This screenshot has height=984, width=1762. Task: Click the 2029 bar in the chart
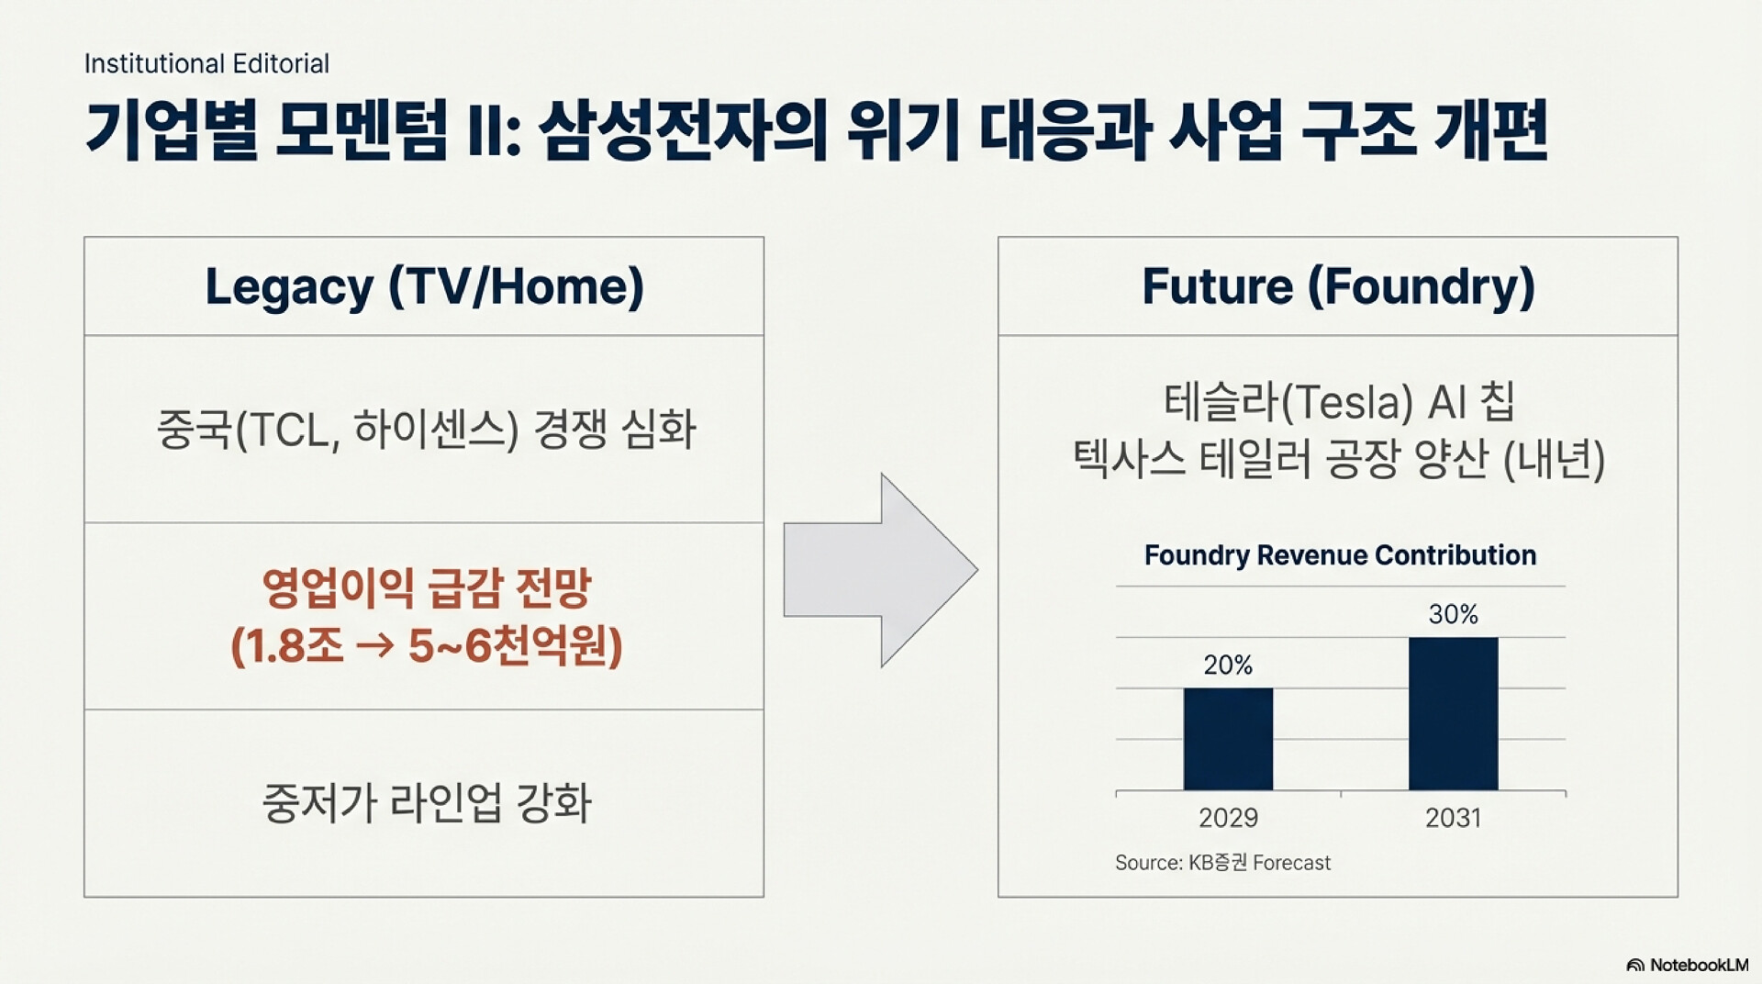tap(1228, 739)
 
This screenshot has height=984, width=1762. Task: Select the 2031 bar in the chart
tap(1454, 713)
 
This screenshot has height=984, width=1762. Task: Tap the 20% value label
tap(1228, 665)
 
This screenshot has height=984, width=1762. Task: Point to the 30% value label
tap(1454, 614)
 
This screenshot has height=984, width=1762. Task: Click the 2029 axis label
tap(1228, 818)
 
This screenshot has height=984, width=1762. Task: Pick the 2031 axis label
tap(1454, 818)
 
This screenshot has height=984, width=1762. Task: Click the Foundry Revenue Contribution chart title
tap(1340, 555)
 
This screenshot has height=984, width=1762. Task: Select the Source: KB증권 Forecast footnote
tap(1222, 863)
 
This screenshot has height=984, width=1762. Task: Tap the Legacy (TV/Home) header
tap(424, 286)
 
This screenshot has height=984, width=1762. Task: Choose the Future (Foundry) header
tap(1338, 286)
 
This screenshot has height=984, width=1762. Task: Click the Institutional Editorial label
tap(206, 63)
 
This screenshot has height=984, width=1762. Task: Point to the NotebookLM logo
tap(1688, 965)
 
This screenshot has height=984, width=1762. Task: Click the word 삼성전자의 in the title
tap(684, 130)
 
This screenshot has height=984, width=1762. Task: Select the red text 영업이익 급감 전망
tap(427, 588)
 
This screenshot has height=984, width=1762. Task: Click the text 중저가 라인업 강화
tap(427, 803)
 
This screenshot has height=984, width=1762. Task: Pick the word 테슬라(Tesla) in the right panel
tap(1288, 402)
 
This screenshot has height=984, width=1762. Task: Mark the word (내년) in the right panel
tap(1554, 460)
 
